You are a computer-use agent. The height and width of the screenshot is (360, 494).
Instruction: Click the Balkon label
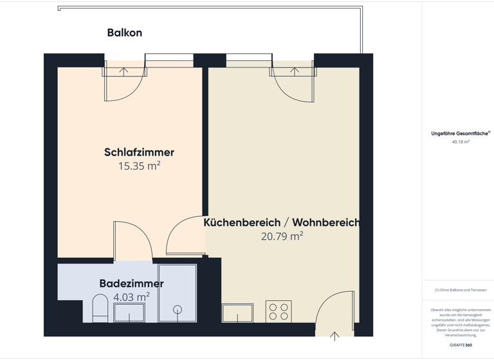point(124,33)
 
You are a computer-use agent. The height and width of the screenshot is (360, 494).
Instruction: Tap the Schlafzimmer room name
point(139,152)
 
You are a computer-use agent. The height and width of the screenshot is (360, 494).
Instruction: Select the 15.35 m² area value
point(139,166)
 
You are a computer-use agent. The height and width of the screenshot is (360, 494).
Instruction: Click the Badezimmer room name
point(131,283)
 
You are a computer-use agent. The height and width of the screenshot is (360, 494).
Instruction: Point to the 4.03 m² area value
point(131,297)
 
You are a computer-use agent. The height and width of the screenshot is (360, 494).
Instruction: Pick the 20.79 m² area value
point(282,237)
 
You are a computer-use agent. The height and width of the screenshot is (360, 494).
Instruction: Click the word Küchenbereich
point(242,222)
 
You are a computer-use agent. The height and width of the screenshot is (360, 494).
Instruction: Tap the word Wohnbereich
point(325,222)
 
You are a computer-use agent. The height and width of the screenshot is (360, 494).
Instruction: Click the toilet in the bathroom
point(100,308)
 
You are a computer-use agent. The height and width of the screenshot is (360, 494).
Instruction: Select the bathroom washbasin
point(129,313)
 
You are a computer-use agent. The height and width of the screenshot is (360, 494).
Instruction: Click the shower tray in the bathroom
point(177,293)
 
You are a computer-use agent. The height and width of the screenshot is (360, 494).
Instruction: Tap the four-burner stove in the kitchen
point(279,312)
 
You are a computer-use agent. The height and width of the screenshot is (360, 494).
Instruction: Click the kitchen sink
point(237,313)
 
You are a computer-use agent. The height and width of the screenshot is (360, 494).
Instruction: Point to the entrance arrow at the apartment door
point(334,336)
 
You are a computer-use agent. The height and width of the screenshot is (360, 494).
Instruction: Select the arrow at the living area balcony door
point(294,71)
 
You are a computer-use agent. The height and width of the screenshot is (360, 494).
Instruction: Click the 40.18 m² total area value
point(461,141)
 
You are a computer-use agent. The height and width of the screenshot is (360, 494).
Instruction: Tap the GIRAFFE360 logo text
point(461,345)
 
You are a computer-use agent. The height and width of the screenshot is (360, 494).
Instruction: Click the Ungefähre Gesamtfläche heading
point(459,134)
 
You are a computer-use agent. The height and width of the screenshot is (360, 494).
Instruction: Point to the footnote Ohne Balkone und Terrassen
point(460,291)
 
